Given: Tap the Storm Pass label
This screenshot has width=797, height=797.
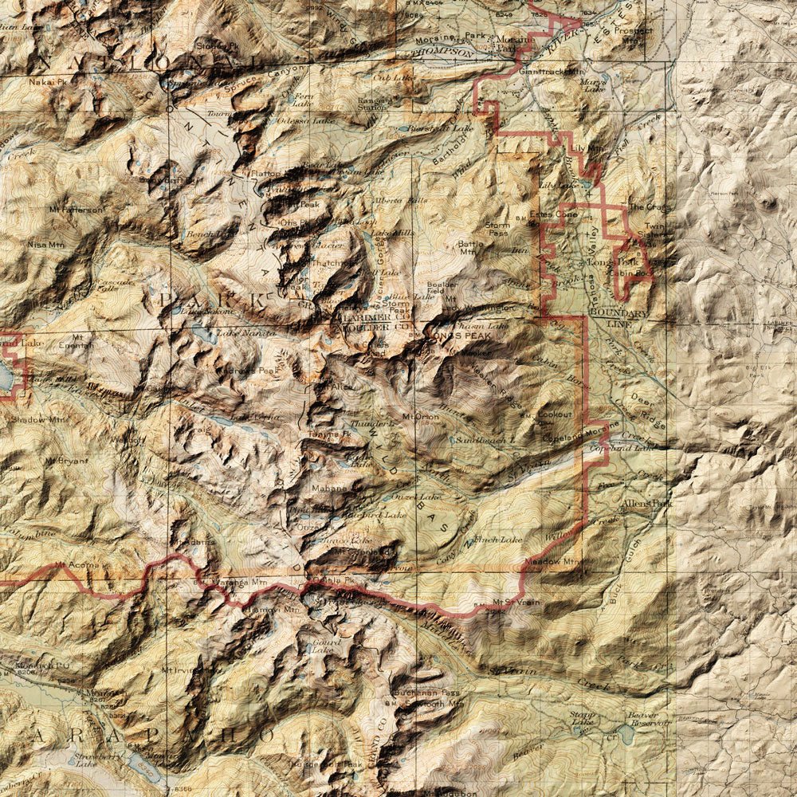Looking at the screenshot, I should (x=497, y=230).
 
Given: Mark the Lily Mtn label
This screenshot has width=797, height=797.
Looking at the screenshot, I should (x=583, y=148).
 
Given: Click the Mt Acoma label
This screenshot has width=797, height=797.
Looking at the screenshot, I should (x=71, y=567).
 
